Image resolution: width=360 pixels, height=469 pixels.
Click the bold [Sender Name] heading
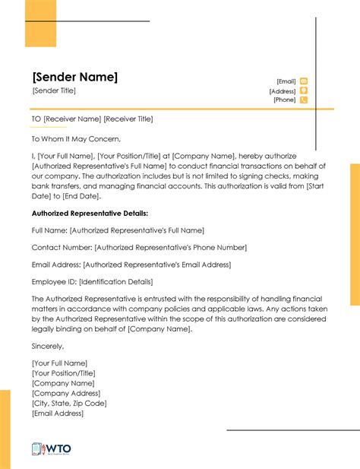coord(74,78)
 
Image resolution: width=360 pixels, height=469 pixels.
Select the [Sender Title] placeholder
coord(54,91)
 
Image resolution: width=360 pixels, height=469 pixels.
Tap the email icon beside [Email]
coord(304,81)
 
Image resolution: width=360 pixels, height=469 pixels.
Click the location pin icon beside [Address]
coord(304,90)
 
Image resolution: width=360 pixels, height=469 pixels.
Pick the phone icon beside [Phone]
coord(304,100)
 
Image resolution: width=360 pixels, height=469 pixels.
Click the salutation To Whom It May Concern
coord(76,139)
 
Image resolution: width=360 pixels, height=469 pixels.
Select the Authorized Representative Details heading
coord(90,214)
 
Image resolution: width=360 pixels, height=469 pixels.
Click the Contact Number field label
coord(62,248)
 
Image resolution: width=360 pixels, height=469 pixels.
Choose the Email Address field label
coord(56,265)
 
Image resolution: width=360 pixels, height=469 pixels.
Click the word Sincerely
coord(48,347)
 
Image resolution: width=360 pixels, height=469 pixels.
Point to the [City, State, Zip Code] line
coord(69,403)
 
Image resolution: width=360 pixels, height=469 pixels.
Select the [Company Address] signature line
coord(66,393)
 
